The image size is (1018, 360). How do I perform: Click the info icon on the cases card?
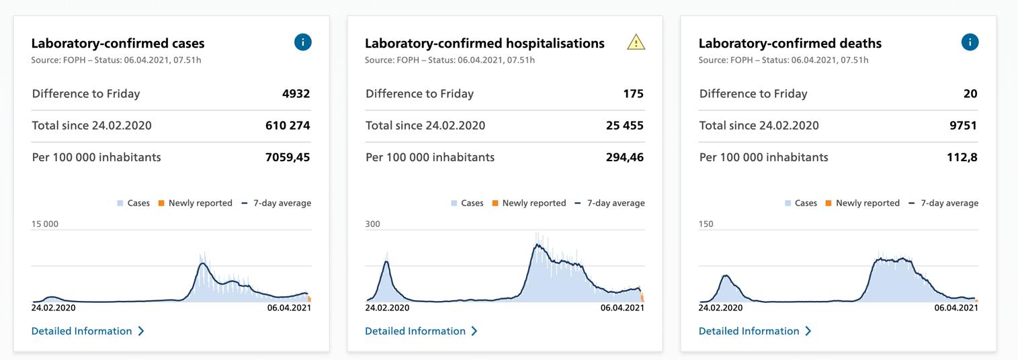pos(303,42)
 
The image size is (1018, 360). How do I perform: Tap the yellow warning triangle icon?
pos(636,43)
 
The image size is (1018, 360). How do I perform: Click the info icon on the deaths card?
pos(970,42)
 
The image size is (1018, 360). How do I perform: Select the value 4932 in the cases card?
pos(296,94)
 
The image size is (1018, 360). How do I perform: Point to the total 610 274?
pos(288,126)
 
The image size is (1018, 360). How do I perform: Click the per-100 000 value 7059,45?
pos(288,158)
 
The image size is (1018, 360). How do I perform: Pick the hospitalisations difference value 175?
pos(634,94)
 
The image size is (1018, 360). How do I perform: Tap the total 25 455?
pos(624,126)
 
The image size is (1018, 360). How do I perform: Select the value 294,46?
pos(624,158)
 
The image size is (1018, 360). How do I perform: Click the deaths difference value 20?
pos(970,94)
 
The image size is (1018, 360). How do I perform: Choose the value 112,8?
pos(963,158)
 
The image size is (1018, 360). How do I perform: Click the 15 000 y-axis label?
pos(45,224)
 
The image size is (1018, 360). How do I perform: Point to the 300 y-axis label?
pos(373,224)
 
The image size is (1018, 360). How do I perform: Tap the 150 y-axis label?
pos(706,224)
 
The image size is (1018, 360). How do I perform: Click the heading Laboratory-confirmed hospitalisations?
pos(484,44)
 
